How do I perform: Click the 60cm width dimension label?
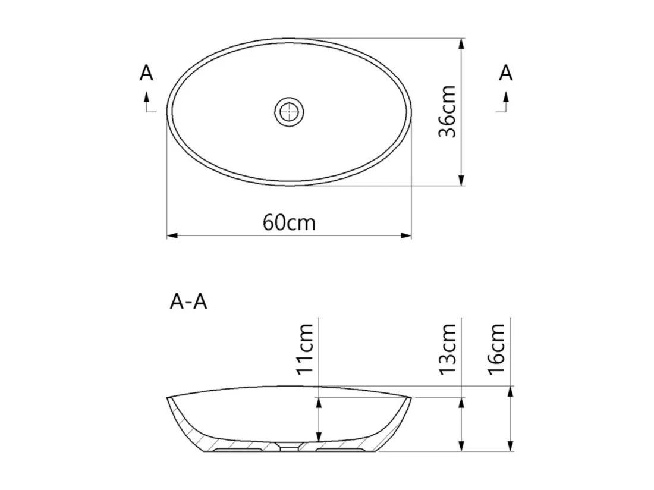click(x=288, y=222)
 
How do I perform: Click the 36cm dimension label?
click(x=448, y=111)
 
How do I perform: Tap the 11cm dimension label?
click(x=305, y=349)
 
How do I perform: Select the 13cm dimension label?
click(x=448, y=349)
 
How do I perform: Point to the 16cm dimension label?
click(x=496, y=349)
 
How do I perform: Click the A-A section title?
click(x=188, y=301)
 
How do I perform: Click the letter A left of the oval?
click(x=146, y=73)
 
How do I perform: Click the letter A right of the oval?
click(x=505, y=73)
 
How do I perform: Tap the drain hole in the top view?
click(x=289, y=112)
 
